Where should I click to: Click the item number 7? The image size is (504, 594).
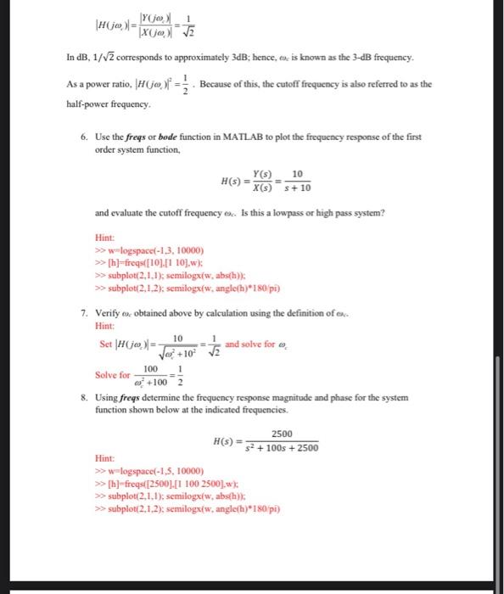tap(83, 312)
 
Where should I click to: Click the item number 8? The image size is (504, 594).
tap(83, 396)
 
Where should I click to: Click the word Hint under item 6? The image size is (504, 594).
tap(104, 238)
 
